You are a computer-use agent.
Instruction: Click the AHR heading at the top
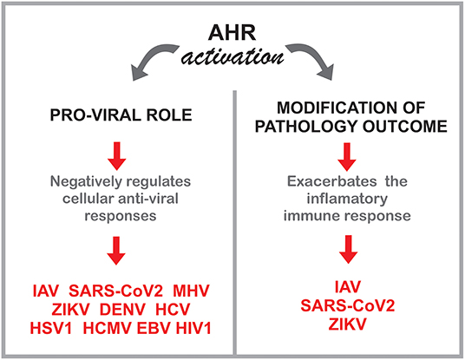[x=232, y=33]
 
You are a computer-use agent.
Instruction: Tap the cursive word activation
[x=232, y=56]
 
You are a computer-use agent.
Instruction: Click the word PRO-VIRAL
[x=95, y=115]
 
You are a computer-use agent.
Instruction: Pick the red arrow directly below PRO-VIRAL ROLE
[x=117, y=156]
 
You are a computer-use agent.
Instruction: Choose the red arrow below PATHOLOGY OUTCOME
[x=347, y=156]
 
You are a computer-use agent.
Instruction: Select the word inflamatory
[x=347, y=199]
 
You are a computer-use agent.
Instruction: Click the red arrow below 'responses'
[x=116, y=251]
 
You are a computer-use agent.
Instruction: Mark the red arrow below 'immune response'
[x=348, y=249]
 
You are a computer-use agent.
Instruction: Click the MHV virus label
[x=191, y=291]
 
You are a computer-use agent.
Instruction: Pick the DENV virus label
[x=122, y=310]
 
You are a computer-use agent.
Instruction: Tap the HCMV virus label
[x=107, y=329]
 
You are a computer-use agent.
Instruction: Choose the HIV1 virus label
[x=193, y=329]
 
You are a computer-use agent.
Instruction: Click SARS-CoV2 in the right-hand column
[x=348, y=305]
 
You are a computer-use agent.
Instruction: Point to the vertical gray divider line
[x=235, y=222]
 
